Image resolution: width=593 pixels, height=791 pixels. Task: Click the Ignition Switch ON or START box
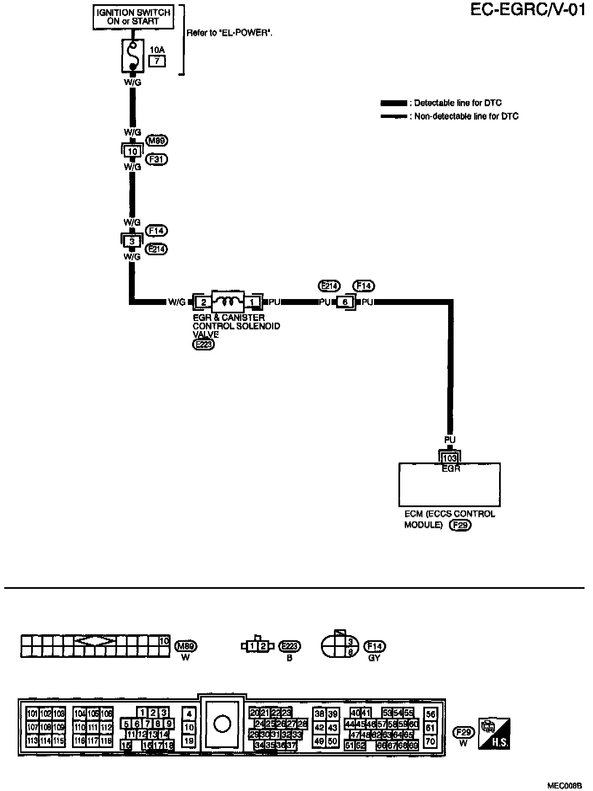pos(133,17)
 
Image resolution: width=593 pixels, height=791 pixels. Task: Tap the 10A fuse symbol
pos(133,55)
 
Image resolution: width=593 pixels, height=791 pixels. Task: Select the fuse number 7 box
pos(157,61)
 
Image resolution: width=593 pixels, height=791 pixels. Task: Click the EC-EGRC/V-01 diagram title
pos(528,10)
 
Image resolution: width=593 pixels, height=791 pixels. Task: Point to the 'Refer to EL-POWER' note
pos(229,33)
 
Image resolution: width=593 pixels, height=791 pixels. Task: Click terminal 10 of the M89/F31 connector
pos(132,151)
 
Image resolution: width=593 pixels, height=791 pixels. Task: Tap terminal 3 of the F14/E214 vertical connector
pos(132,241)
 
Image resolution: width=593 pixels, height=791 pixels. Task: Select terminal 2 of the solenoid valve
pos(203,302)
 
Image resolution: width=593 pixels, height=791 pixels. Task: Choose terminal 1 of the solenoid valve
pos(252,302)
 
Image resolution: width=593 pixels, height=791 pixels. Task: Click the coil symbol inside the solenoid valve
pos(227,301)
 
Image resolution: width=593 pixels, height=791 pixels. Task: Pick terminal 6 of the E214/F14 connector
pos(345,302)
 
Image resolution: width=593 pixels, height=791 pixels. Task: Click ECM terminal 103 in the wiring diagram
pos(450,458)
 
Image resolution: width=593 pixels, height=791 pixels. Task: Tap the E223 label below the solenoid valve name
pos(203,345)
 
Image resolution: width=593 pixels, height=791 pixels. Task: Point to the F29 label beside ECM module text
pos(460,525)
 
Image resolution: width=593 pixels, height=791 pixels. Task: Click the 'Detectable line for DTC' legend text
pos(458,103)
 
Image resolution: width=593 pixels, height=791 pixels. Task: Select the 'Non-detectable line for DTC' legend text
pos(466,116)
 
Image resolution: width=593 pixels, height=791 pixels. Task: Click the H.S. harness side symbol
pos(494,733)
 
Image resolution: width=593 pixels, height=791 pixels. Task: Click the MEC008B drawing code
pos(564,786)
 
